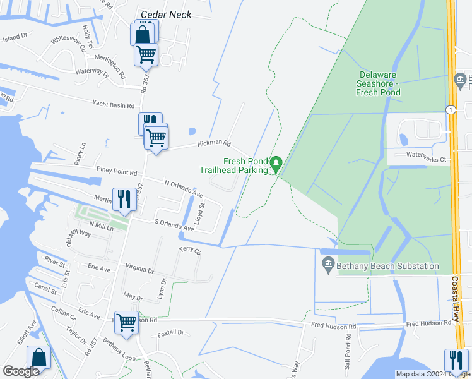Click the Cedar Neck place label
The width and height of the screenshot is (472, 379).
coord(166,14)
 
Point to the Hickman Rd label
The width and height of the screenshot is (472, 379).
coord(214,144)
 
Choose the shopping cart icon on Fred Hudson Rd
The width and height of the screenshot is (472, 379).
coord(126,322)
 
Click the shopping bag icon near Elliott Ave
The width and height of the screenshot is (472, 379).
coord(39,358)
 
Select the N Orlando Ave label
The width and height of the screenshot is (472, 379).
coord(184,188)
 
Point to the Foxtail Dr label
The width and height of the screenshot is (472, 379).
coord(170,332)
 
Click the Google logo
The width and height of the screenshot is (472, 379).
coord(21,371)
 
